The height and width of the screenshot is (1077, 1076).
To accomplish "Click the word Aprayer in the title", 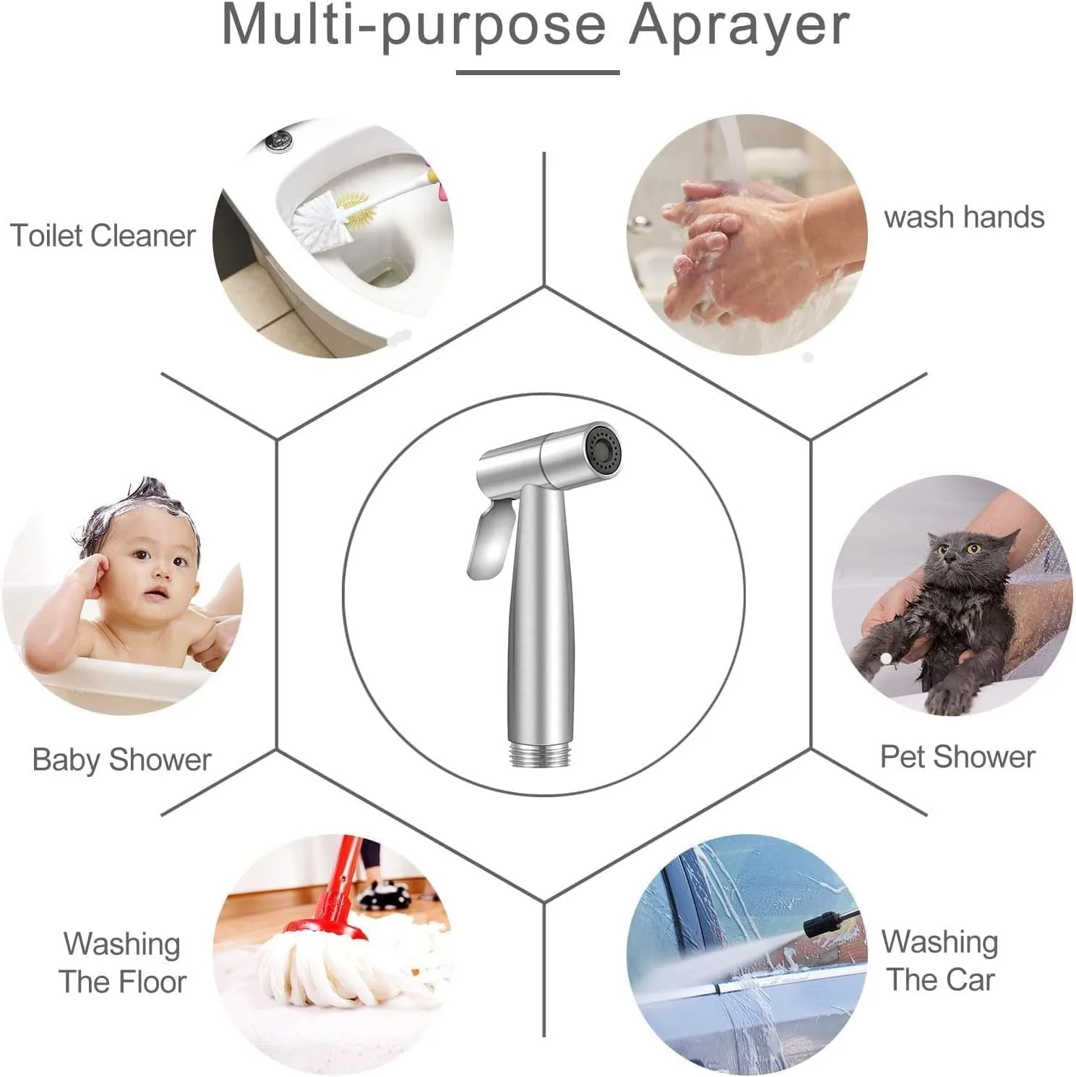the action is coord(739,25).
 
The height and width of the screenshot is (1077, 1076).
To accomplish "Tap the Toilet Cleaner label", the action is coord(103,236).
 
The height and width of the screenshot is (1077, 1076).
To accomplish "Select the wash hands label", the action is coord(964,217).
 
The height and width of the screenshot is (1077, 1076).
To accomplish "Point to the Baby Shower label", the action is coord(121,759).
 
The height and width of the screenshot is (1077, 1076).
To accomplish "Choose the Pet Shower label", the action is coord(957,757).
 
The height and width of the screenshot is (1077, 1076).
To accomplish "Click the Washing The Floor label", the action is coord(122,963).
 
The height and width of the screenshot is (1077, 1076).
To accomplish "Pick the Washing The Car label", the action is coord(940,961).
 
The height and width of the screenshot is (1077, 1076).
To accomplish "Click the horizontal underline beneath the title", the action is coord(538,72).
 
